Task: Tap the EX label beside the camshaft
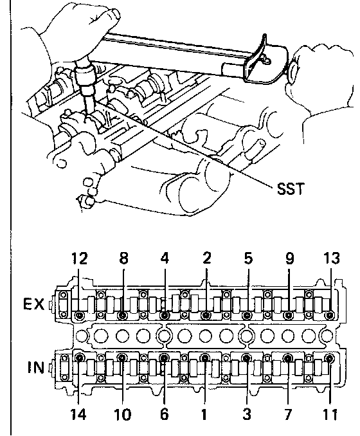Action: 33,304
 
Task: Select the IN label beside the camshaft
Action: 36,367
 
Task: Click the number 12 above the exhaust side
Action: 80,259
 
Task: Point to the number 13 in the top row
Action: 331,259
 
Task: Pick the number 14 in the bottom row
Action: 78,414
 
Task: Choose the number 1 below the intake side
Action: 204,414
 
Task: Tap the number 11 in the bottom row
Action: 330,414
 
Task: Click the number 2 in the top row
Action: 206,259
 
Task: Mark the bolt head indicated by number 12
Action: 80,315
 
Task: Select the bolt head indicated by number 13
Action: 330,315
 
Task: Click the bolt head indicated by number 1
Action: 204,358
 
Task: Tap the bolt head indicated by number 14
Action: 80,358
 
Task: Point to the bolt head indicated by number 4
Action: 165,315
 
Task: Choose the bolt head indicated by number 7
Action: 288,358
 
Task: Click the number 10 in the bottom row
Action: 122,414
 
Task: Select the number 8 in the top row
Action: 123,259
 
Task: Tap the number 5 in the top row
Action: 248,259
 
